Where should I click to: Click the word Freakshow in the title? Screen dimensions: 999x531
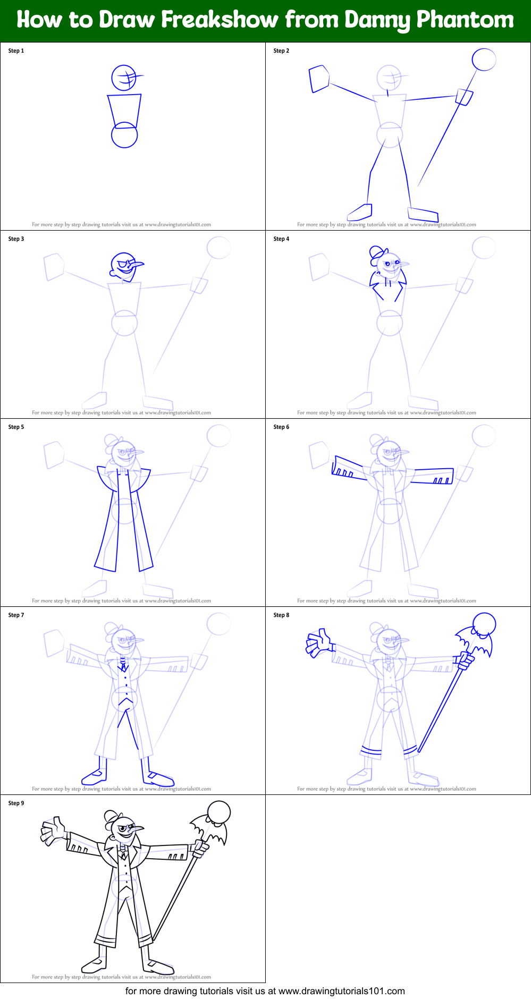[x=220, y=20]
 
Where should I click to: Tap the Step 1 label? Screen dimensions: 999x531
[x=16, y=51]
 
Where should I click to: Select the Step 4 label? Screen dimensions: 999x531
[x=281, y=239]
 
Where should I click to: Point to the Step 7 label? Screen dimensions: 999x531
[x=16, y=615]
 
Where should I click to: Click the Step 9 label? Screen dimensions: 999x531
[x=16, y=803]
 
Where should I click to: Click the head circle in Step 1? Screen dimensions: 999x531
[x=124, y=78]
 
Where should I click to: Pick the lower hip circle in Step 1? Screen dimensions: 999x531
[x=124, y=135]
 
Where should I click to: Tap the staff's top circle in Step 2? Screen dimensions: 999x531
[x=484, y=60]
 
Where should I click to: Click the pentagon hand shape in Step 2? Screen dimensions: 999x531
[x=319, y=78]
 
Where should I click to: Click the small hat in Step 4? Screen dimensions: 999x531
[x=376, y=252]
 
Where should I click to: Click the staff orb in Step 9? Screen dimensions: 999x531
[x=219, y=812]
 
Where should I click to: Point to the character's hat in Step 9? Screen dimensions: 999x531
[x=111, y=817]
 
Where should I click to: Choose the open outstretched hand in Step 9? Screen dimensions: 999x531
[x=53, y=831]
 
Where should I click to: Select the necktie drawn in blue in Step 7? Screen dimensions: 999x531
[x=123, y=665]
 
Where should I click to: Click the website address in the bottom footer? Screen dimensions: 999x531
[x=341, y=991]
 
